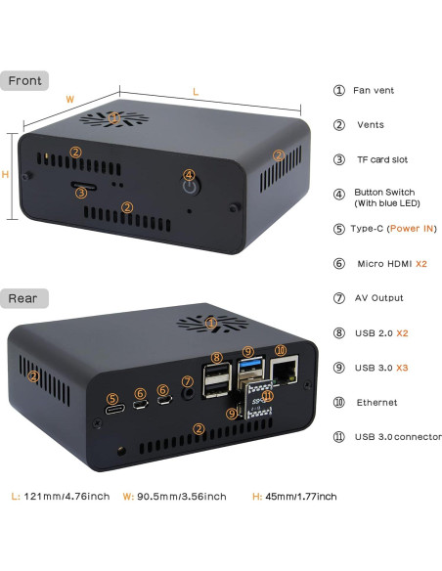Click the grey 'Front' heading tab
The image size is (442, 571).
click(x=25, y=80)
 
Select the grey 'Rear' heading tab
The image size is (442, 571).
click(x=24, y=297)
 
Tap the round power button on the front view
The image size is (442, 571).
click(x=190, y=182)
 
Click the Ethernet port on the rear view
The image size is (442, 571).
click(x=286, y=371)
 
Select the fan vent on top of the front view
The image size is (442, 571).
click(x=114, y=118)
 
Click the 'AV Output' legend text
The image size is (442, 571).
click(x=379, y=298)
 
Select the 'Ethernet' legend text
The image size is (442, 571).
click(x=377, y=402)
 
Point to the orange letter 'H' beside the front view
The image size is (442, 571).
click(x=7, y=175)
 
